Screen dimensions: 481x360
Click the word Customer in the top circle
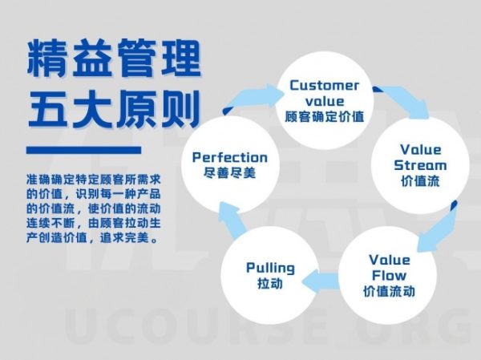pyautogui.click(x=324, y=85)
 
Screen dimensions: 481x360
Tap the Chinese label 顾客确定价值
pyautogui.click(x=324, y=116)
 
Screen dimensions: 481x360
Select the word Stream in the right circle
pyautogui.click(x=420, y=165)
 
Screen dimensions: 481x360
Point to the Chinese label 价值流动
pyautogui.click(x=389, y=291)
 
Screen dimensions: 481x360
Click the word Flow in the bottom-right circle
pyautogui.click(x=389, y=275)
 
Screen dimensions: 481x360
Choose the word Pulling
pyautogui.click(x=270, y=268)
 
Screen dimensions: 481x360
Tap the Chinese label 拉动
pyautogui.click(x=270, y=283)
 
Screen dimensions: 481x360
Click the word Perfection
pyautogui.click(x=230, y=157)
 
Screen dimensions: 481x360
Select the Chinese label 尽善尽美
pyautogui.click(x=230, y=173)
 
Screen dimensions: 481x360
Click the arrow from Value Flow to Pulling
pyautogui.click(x=320, y=281)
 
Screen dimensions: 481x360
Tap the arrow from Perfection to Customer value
pyautogui.click(x=254, y=98)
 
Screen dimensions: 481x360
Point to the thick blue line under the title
pyautogui.click(x=83, y=150)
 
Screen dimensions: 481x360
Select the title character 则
pyautogui.click(x=180, y=108)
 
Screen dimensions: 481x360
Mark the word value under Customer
pyautogui.click(x=325, y=101)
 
